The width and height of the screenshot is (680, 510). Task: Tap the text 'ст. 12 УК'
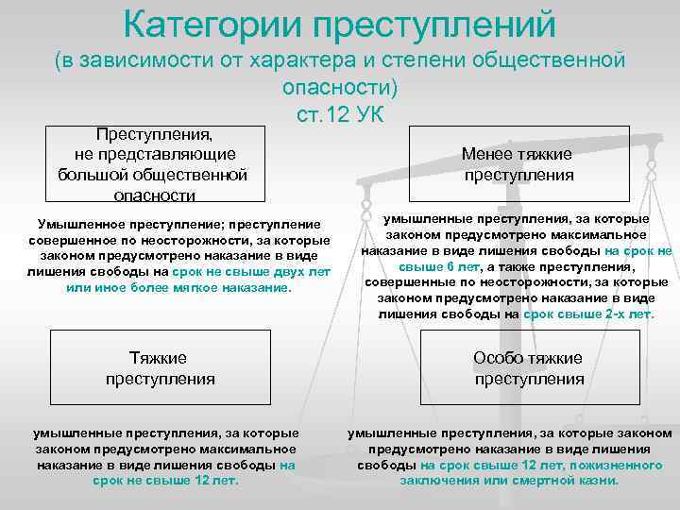tap(339, 115)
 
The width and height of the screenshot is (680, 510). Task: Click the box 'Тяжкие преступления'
tap(160, 368)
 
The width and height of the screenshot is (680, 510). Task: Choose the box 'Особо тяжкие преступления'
tap(529, 368)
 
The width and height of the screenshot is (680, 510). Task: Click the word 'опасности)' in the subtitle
tap(339, 87)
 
